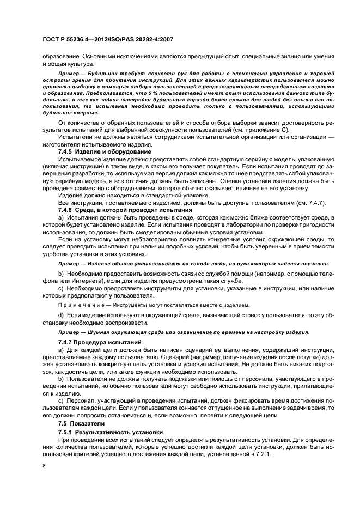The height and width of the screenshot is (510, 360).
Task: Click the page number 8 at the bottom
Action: coord(45,466)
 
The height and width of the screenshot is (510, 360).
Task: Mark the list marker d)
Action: coord(61,315)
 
